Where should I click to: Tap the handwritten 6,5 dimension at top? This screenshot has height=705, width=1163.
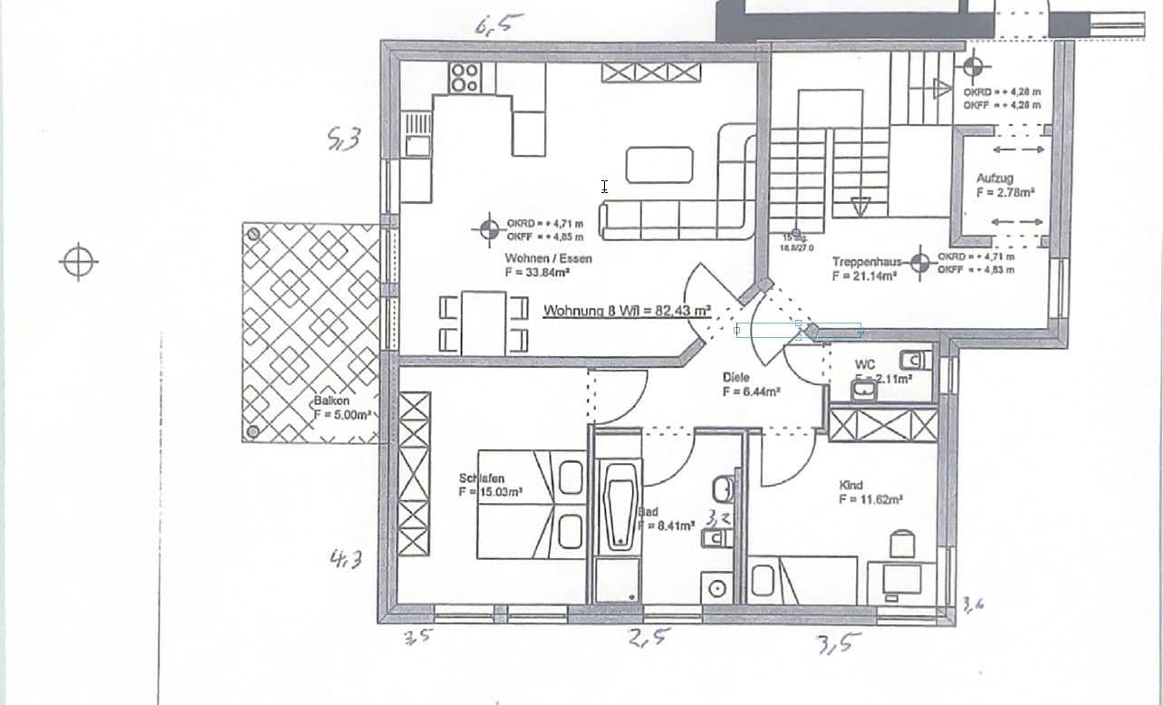point(497,24)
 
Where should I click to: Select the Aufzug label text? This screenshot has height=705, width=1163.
point(995,179)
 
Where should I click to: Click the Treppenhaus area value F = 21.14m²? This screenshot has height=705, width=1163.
point(864,276)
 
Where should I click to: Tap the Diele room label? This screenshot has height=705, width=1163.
point(736,377)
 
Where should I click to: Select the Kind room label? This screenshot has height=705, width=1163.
point(851,486)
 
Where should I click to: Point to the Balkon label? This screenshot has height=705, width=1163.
point(332,400)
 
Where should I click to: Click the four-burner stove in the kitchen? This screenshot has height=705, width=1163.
point(465,78)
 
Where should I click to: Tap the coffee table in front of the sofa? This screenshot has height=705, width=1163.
point(658,165)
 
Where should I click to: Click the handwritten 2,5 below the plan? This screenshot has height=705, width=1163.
point(649,638)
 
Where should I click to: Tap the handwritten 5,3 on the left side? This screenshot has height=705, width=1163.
point(344,139)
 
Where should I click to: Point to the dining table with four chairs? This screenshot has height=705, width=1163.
point(483,324)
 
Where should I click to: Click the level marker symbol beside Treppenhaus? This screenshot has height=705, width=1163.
point(920,263)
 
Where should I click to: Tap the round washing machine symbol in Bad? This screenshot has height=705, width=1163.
point(717,588)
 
